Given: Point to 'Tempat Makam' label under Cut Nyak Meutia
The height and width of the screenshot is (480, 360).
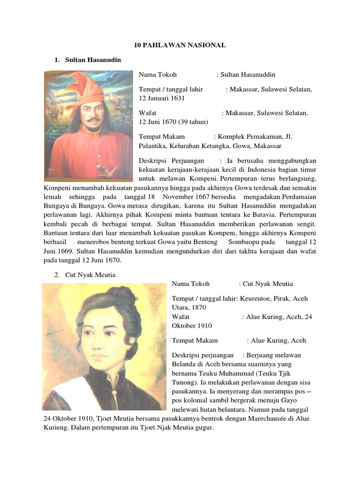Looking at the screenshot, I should pos(194,341).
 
